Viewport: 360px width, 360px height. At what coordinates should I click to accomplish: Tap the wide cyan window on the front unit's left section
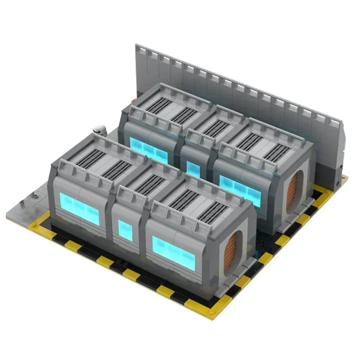(x=79, y=207)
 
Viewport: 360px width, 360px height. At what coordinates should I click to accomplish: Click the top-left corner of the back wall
(x=137, y=45)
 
